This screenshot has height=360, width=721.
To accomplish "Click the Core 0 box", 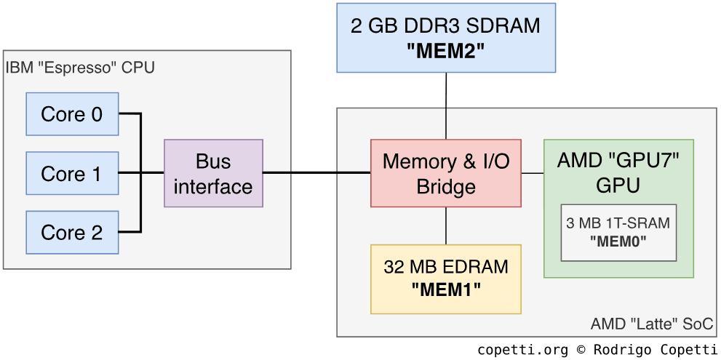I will pyautogui.click(x=72, y=114).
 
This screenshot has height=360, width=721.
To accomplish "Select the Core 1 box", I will pyautogui.click(x=72, y=174).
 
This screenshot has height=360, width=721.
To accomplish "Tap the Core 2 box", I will pyautogui.click(x=72, y=233).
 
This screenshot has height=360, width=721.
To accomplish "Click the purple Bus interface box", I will pyautogui.click(x=213, y=174).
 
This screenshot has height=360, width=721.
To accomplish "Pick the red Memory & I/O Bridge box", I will pyautogui.click(x=446, y=174).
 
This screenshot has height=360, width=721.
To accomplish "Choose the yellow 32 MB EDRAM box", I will pyautogui.click(x=446, y=279).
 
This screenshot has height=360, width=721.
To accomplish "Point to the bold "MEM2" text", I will pyautogui.click(x=446, y=51).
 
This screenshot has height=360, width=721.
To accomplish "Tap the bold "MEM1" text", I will pyautogui.click(x=446, y=289).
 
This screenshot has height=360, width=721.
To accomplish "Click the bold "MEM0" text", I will pyautogui.click(x=618, y=240).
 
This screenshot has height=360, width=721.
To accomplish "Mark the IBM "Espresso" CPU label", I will pyautogui.click(x=80, y=68).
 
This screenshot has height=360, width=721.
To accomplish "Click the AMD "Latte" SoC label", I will pyautogui.click(x=652, y=324).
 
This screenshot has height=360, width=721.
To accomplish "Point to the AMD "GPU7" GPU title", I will pyautogui.click(x=618, y=172).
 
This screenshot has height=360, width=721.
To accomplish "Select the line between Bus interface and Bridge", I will pyautogui.click(x=316, y=173).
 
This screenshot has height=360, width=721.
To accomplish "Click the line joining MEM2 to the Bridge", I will pyautogui.click(x=446, y=105).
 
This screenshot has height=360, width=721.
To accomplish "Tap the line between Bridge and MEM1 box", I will pyautogui.click(x=446, y=225).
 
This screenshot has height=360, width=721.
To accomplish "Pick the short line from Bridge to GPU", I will pyautogui.click(x=533, y=173).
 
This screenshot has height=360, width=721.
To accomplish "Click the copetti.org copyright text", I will pyautogui.click(x=597, y=350).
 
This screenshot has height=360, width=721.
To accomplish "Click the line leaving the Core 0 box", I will pyautogui.click(x=129, y=114).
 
